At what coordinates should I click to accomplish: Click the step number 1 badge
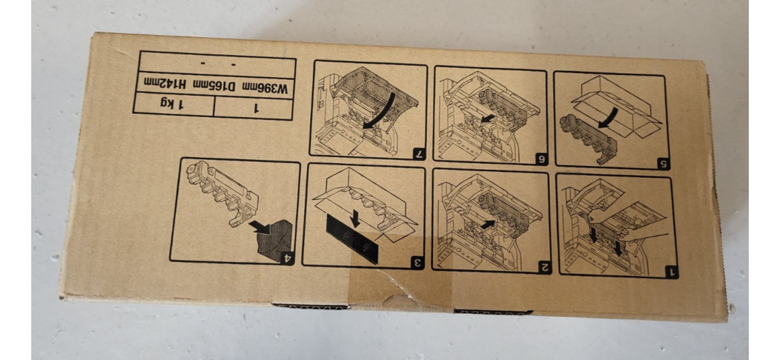(x=671, y=272)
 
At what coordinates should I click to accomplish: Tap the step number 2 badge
(x=544, y=268)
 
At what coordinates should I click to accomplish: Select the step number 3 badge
(x=418, y=263)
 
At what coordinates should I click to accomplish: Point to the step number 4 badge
(x=287, y=259)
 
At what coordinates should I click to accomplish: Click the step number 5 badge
(x=664, y=163)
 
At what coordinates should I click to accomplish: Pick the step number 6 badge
(x=541, y=159)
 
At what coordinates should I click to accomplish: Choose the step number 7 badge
(x=420, y=155)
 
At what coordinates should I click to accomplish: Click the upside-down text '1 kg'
(x=172, y=104)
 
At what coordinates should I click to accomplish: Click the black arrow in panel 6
(x=487, y=119)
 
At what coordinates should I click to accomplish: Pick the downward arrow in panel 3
(x=356, y=218)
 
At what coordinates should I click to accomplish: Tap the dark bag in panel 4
(x=277, y=240)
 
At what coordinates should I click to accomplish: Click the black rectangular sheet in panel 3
(x=352, y=238)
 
